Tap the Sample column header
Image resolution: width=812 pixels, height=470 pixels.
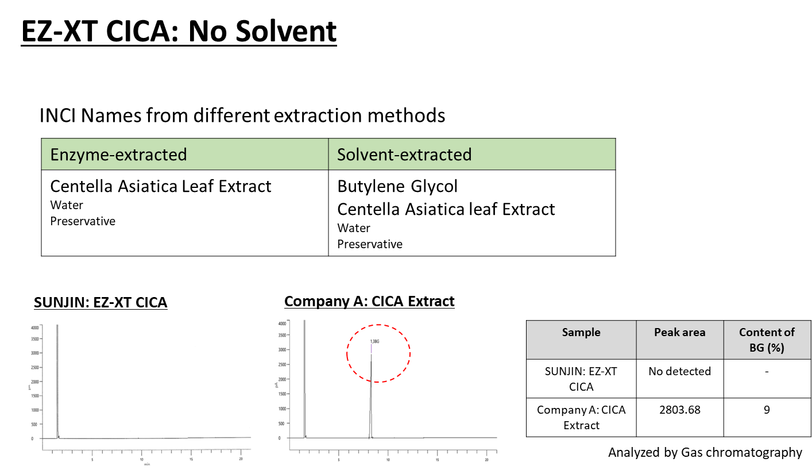click(x=581, y=332)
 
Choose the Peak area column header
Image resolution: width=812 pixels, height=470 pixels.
click(x=679, y=332)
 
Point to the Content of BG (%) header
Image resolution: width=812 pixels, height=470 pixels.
click(x=767, y=340)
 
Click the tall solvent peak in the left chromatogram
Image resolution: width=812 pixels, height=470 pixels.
click(x=57, y=379)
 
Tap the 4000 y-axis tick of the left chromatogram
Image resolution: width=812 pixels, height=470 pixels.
click(x=36, y=328)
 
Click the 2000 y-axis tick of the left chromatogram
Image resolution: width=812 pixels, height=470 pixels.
click(x=36, y=382)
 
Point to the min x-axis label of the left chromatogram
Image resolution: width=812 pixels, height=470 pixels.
click(x=147, y=464)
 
